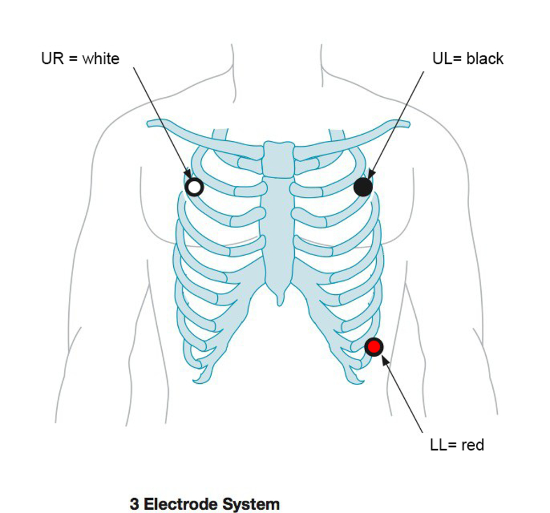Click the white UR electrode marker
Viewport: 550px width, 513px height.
pos(194,187)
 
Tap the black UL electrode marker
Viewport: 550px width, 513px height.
pos(363,187)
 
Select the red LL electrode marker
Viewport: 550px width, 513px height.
pos(374,346)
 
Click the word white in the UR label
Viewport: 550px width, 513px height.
pos(101,58)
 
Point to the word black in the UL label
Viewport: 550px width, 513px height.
pos(485,58)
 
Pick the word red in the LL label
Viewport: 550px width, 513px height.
pos(473,444)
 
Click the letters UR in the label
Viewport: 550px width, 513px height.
pos(51,58)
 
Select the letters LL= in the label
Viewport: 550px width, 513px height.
pos(443,444)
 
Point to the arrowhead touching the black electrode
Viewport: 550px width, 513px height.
pos(370,175)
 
